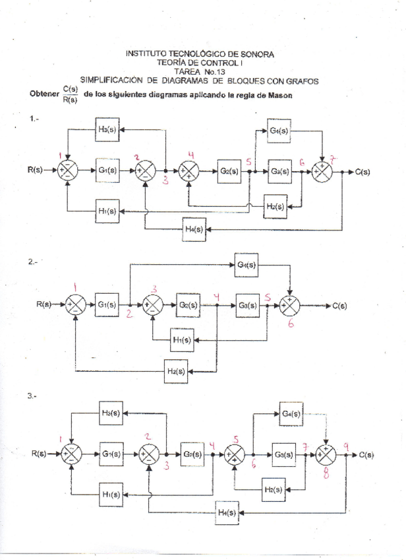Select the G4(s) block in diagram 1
pyautogui.click(x=279, y=131)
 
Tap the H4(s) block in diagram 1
pyautogui.click(x=194, y=229)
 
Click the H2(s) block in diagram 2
pyautogui.click(x=176, y=371)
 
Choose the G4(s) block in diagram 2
pyautogui.click(x=246, y=265)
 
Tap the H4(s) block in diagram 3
pyautogui.click(x=227, y=512)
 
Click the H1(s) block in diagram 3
pyautogui.click(x=110, y=494)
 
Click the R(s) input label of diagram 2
pyautogui.click(x=45, y=304)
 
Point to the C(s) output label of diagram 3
pyautogui.click(x=366, y=455)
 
